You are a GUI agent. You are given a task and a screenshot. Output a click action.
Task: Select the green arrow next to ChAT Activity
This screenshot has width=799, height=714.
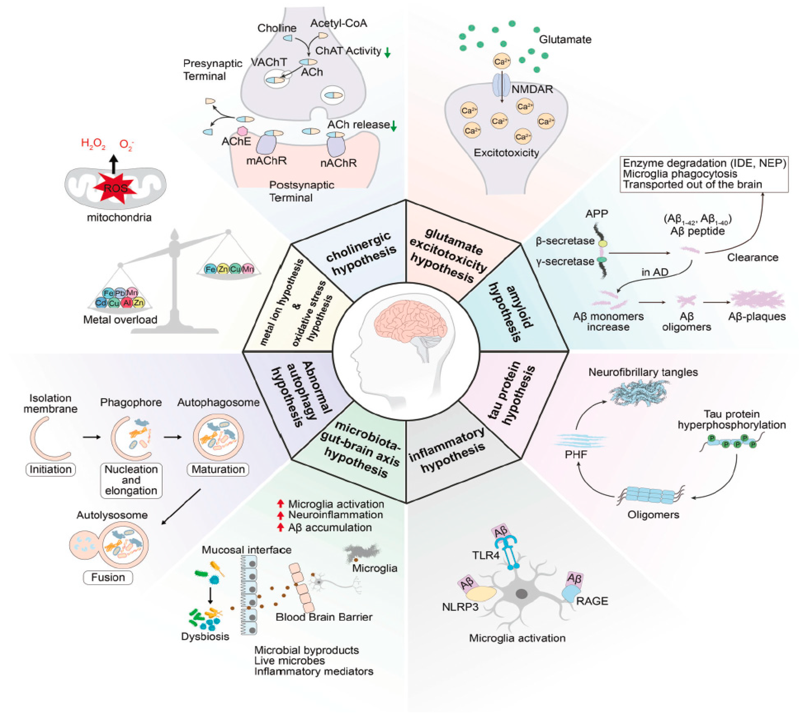tap(387, 52)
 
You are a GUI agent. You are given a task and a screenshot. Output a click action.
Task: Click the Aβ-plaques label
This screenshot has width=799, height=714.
tap(757, 317)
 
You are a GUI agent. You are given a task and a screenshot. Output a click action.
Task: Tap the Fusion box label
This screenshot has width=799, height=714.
tap(108, 577)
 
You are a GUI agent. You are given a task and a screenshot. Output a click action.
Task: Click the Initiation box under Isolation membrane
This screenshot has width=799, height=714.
tap(51, 470)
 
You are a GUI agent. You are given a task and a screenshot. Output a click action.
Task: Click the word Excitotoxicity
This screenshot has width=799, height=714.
tap(506, 153)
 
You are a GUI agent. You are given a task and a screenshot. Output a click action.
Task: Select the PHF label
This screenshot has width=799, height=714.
tap(576, 455)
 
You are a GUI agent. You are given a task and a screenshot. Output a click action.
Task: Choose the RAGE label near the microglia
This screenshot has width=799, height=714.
tap(592, 601)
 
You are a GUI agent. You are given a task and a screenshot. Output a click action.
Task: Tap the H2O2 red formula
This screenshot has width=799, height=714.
tap(93, 143)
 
